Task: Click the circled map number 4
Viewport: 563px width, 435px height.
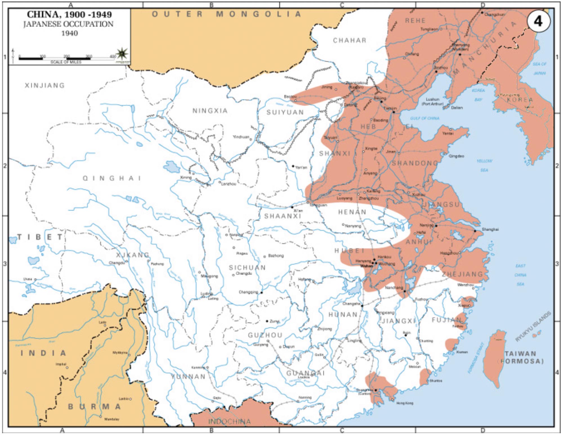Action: pyautogui.click(x=538, y=21)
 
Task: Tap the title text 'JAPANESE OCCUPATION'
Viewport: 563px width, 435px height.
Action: pyautogui.click(x=68, y=24)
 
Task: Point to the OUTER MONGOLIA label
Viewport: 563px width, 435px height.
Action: pyautogui.click(x=226, y=14)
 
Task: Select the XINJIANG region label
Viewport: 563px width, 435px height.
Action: pyautogui.click(x=45, y=85)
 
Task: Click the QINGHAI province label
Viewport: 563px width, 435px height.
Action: pyautogui.click(x=112, y=178)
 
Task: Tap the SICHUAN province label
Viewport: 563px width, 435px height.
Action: pyautogui.click(x=247, y=267)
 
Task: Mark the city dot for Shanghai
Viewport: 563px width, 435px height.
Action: pyautogui.click(x=475, y=231)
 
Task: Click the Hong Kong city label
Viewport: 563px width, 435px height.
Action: pyautogui.click(x=405, y=403)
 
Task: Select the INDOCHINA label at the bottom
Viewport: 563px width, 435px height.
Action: pyautogui.click(x=229, y=421)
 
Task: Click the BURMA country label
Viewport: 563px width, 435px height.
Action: pyautogui.click(x=95, y=407)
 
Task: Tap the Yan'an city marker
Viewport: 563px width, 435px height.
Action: pyautogui.click(x=293, y=166)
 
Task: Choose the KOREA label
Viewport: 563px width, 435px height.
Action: pyautogui.click(x=520, y=100)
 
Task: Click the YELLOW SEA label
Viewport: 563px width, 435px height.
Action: pyautogui.click(x=484, y=165)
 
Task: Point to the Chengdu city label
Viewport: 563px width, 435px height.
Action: pyautogui.click(x=243, y=273)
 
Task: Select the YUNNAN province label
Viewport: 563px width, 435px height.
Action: pyautogui.click(x=188, y=376)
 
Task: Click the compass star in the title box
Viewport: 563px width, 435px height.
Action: pyautogui.click(x=122, y=53)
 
